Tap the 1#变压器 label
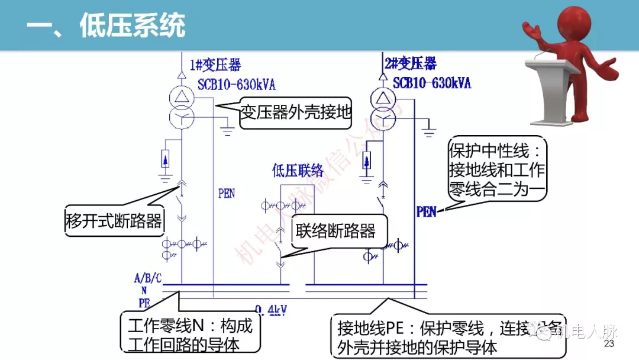pos(215,65)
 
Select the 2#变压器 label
pos(410,63)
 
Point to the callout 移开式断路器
pos(114,222)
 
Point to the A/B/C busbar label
pos(148,278)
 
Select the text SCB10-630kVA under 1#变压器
pos(237,84)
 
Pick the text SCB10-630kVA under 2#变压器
pos(432,82)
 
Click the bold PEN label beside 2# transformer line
pos(427,211)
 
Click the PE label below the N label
pos(144,302)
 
